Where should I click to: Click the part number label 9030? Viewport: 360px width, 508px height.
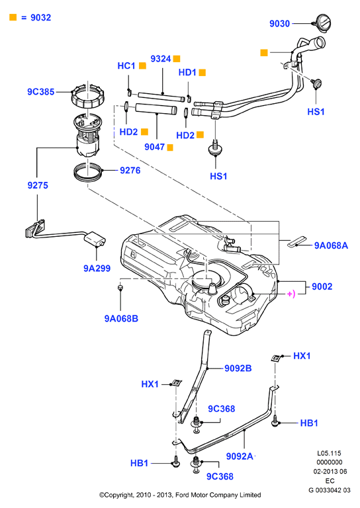click(x=280, y=24)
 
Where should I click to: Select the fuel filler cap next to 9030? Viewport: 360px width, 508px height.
click(x=323, y=23)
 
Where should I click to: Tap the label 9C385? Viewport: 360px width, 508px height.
click(x=41, y=92)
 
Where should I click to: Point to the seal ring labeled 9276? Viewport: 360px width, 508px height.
click(x=88, y=173)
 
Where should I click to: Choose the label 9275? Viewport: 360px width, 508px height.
click(x=38, y=185)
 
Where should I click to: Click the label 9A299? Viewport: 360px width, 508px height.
click(x=97, y=269)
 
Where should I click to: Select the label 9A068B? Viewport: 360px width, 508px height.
click(x=121, y=318)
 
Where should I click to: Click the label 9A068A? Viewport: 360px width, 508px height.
click(x=331, y=245)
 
